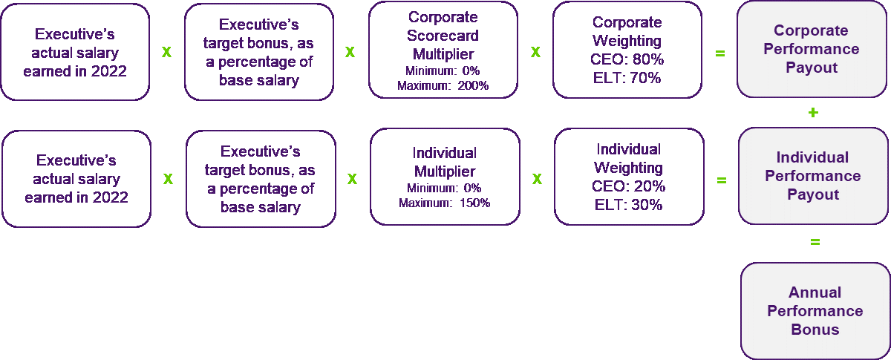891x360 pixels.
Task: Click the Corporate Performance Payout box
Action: (x=812, y=49)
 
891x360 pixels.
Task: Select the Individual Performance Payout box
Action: (x=812, y=176)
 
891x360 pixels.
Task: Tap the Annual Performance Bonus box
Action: (x=815, y=311)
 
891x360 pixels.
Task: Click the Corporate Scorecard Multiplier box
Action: (x=443, y=50)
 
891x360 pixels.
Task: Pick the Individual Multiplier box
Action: (x=444, y=176)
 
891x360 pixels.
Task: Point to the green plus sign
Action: (x=813, y=113)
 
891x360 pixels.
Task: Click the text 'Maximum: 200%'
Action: (x=443, y=85)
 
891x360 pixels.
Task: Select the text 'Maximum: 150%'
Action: (x=444, y=203)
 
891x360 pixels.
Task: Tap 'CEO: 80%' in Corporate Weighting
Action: (x=627, y=59)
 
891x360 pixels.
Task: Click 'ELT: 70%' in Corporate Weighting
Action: (x=627, y=77)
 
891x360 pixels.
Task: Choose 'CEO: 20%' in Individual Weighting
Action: (x=628, y=186)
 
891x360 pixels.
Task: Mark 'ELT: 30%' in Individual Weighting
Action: (x=628, y=205)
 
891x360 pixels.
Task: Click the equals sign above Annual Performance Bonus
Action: (x=815, y=241)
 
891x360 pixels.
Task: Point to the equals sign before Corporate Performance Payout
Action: (x=719, y=53)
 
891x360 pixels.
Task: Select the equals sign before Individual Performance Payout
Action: (x=720, y=180)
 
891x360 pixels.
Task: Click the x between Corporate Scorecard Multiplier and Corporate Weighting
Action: (x=535, y=53)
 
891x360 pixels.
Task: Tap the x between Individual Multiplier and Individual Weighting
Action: (x=536, y=180)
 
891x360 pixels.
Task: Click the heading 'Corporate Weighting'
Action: (x=627, y=33)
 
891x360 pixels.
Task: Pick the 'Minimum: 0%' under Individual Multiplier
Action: (x=444, y=189)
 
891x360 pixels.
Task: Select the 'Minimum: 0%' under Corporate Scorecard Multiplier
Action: (x=443, y=71)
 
